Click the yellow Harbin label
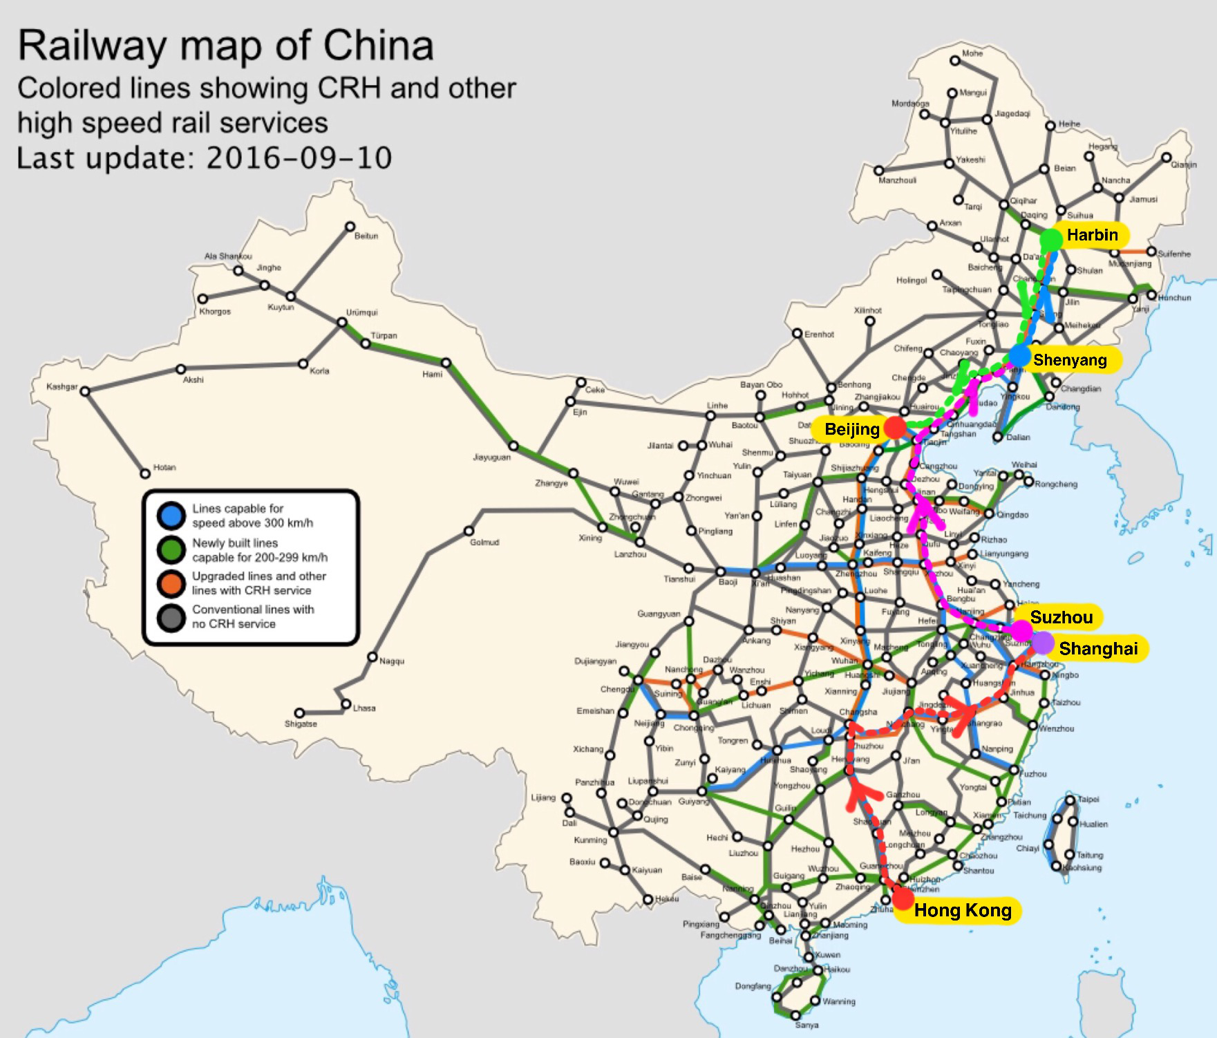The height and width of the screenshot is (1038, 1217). click(1092, 235)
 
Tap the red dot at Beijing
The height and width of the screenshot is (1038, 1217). click(895, 428)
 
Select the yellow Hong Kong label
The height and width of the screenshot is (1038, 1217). click(962, 910)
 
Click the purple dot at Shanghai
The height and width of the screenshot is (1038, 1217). click(1042, 643)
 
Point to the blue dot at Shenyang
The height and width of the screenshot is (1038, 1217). click(1019, 357)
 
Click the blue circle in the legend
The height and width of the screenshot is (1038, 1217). click(171, 516)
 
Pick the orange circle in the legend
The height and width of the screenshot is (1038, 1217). click(171, 583)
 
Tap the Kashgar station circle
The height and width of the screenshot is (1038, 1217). click(85, 391)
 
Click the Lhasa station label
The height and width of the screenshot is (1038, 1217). click(364, 708)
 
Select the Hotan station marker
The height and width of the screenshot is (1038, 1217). click(145, 473)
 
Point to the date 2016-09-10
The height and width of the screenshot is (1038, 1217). click(299, 158)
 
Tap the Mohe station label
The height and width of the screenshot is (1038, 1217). click(972, 53)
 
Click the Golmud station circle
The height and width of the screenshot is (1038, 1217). click(469, 531)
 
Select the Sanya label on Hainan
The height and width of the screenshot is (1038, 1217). click(806, 1025)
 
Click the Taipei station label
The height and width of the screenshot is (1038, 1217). click(1088, 799)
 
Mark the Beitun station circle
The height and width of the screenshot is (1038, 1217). click(350, 227)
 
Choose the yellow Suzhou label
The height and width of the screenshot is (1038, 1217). click(1061, 617)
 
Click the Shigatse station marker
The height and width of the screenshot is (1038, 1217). click(299, 713)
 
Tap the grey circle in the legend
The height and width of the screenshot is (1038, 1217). click(171, 617)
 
